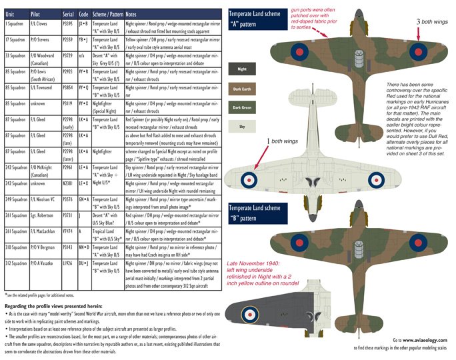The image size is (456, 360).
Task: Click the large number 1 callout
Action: pos(267,141)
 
